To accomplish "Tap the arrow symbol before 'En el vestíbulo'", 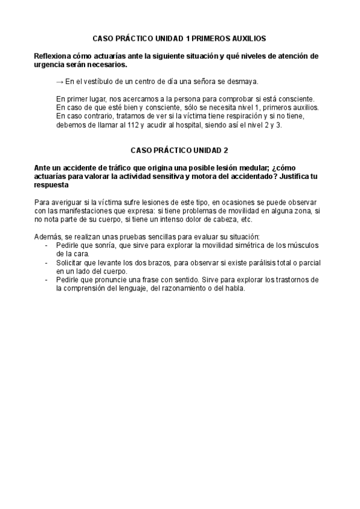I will point(59,82).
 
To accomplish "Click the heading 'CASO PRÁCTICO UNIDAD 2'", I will point(179,149).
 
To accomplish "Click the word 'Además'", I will point(47,221).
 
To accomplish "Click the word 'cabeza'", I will point(215,202).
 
